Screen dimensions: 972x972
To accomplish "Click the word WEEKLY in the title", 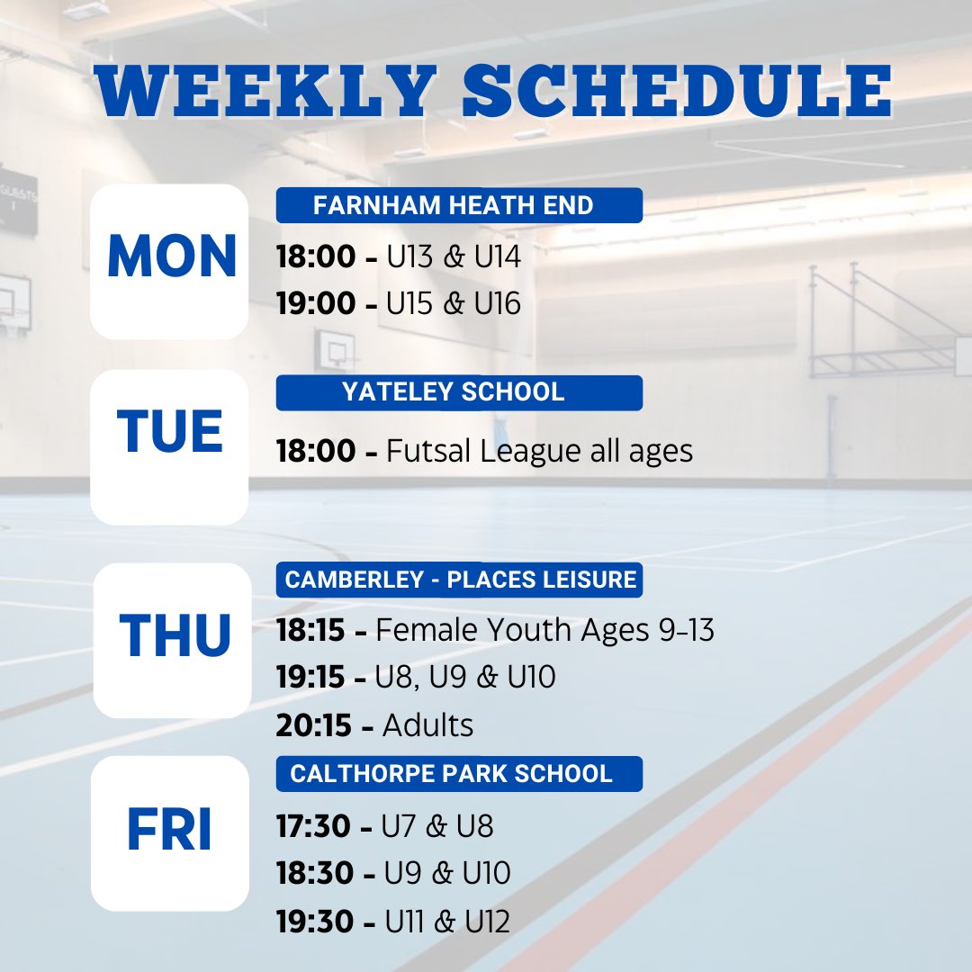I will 261,90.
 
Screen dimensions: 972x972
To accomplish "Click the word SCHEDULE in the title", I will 677,90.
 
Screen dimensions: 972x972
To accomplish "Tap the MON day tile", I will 170,261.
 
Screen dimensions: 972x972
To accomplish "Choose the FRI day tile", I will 170,832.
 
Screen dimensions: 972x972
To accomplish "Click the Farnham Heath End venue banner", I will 458,205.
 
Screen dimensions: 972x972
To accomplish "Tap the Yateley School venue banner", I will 458,392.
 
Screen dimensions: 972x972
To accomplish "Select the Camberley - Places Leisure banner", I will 459,580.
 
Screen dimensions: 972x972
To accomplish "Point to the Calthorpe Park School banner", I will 458,774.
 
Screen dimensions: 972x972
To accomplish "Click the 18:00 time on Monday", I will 316,257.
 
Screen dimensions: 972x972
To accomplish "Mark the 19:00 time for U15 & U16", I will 316,304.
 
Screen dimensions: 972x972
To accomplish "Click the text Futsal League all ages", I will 540,451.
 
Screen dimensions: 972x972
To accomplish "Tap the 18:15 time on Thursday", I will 310,631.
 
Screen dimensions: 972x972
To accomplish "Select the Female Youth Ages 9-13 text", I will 545,631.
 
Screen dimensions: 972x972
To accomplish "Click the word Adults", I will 428,725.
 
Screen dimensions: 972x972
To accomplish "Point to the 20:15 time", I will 314,725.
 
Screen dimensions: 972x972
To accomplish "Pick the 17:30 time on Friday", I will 314,826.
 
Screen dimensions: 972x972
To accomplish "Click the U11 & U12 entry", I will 447,922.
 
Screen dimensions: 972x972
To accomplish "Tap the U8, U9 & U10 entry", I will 465,678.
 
